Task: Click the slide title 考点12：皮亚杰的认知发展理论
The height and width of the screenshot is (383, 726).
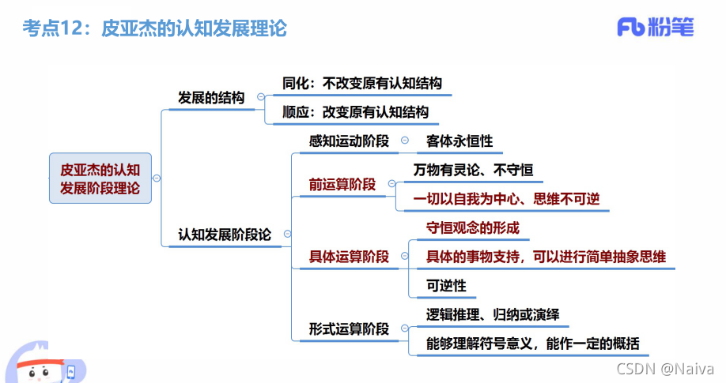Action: [x=154, y=29]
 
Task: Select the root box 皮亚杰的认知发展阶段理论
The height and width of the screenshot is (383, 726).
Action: [x=100, y=178]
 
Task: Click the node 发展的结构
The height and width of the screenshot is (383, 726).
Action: [x=211, y=98]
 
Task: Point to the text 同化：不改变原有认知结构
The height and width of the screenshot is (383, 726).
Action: [x=362, y=83]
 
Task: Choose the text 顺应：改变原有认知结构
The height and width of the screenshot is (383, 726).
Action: [x=356, y=112]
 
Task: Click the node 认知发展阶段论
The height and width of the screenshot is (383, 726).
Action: [x=225, y=235]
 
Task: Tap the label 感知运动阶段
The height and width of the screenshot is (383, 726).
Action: [x=349, y=141]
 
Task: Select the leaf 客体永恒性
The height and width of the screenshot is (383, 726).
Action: [x=459, y=141]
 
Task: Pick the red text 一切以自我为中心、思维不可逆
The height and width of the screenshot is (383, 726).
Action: [x=506, y=199]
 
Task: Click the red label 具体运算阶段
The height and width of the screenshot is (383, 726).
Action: [x=349, y=256]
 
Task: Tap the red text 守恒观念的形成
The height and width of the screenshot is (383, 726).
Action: [x=473, y=227]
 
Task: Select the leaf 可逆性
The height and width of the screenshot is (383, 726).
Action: [x=446, y=285]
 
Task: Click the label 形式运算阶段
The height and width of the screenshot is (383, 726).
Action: [x=349, y=329]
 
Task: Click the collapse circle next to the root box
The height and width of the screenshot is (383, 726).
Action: [x=157, y=178]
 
